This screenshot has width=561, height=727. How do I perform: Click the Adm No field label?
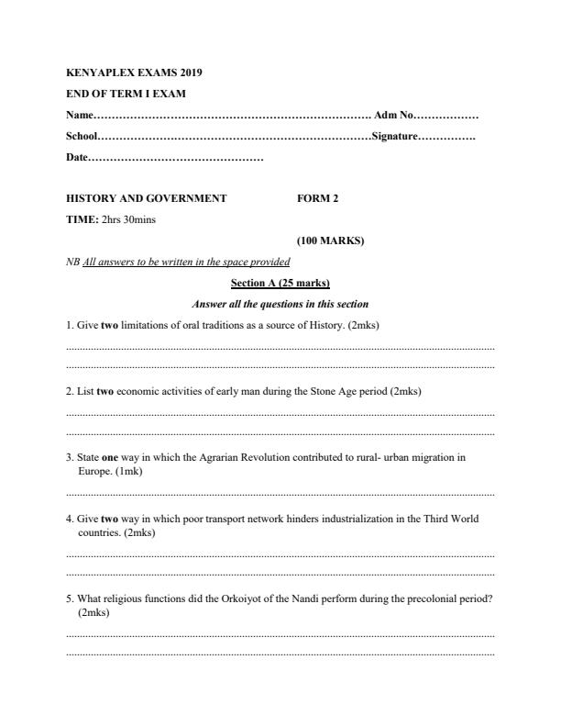(394, 116)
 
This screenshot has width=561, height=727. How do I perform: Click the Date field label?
(77, 159)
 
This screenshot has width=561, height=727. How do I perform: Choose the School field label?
(82, 137)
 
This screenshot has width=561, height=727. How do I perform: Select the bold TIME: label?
(82, 219)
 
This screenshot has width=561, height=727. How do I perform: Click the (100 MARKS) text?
(330, 240)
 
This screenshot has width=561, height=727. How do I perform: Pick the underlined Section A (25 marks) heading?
(280, 283)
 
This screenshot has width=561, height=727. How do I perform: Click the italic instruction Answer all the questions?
(280, 304)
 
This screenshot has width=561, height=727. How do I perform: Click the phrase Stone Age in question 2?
(303, 391)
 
